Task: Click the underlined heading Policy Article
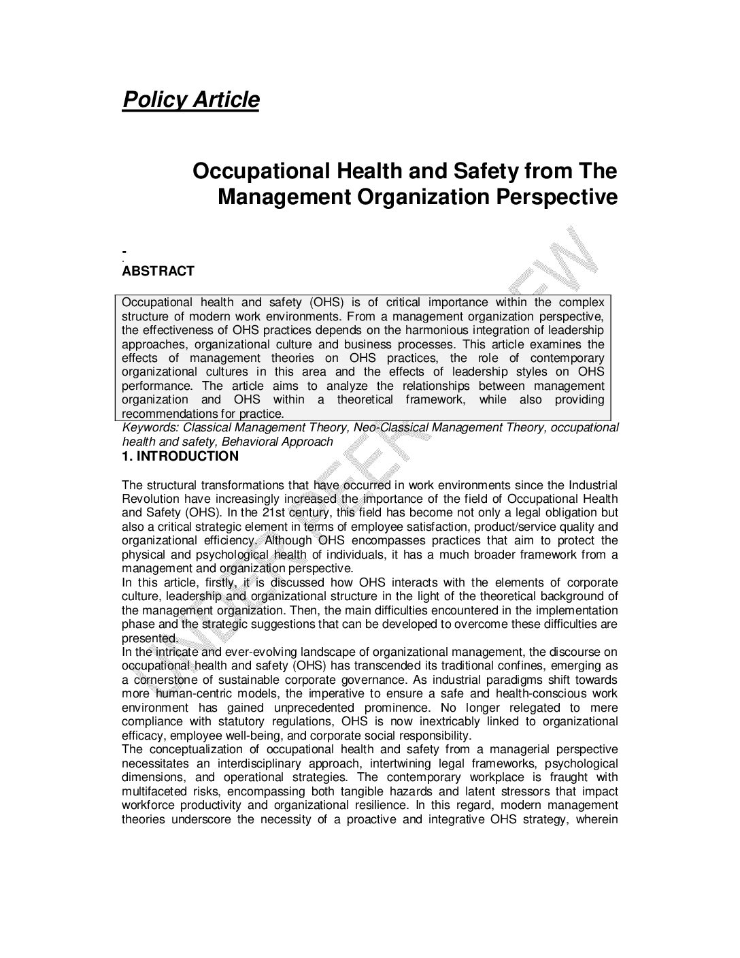coord(190,100)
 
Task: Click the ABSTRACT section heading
coord(158,271)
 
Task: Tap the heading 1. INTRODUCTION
coord(180,457)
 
